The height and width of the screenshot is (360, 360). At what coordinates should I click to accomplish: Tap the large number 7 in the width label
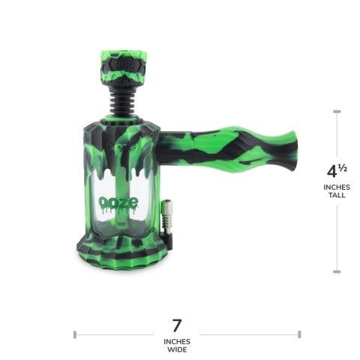coord(178,326)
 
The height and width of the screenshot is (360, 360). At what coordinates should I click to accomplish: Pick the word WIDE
coord(178,350)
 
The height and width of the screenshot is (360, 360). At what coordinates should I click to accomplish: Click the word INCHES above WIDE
coord(178,341)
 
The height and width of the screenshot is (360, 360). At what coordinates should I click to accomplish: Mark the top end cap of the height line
coord(336,110)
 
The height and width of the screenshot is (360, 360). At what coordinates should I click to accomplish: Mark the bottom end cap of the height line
coord(336,270)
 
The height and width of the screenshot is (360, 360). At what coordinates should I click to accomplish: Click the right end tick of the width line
coord(299,333)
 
